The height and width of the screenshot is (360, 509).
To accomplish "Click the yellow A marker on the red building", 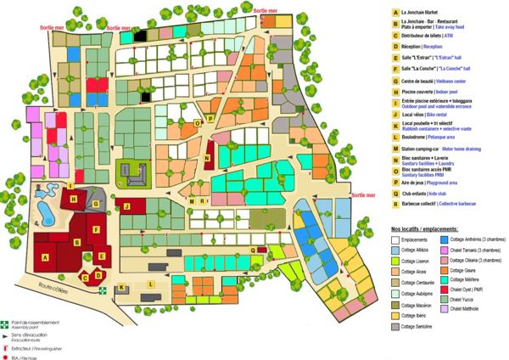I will coord(45,256).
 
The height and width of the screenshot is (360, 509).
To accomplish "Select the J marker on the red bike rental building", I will coord(126,206).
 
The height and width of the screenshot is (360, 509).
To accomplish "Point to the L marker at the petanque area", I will coord(150,284).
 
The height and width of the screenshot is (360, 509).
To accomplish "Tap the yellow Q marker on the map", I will coord(253,250).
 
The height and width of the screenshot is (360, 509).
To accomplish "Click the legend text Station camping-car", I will coord(424,147).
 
